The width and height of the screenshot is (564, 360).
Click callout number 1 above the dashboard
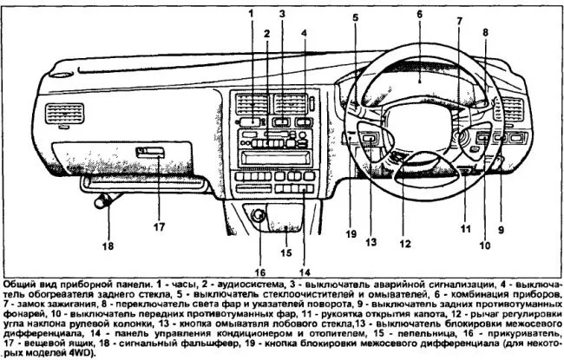(x=249, y=14)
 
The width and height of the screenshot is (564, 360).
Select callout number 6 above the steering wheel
(x=418, y=15)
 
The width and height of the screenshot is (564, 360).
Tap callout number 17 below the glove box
(x=159, y=228)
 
